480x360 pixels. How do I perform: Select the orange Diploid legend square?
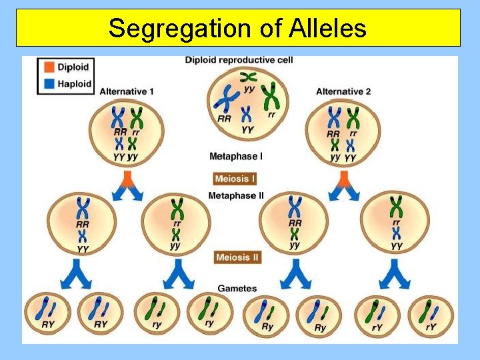pyautogui.click(x=48, y=67)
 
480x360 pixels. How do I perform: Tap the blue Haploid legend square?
pyautogui.click(x=48, y=85)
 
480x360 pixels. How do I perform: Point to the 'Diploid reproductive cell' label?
pyautogui.click(x=239, y=60)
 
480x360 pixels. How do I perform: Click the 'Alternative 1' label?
pyautogui.click(x=127, y=91)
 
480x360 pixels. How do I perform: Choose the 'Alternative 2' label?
pyautogui.click(x=343, y=91)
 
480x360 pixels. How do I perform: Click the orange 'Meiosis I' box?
pyautogui.click(x=235, y=178)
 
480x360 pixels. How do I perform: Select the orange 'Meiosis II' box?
pyautogui.click(x=237, y=257)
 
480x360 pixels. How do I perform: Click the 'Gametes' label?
pyautogui.click(x=237, y=289)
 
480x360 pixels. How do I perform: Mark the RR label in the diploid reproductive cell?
pyautogui.click(x=225, y=119)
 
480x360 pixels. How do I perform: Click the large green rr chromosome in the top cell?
pyautogui.click(x=271, y=97)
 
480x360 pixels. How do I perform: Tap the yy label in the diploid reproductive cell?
pyautogui.click(x=249, y=89)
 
